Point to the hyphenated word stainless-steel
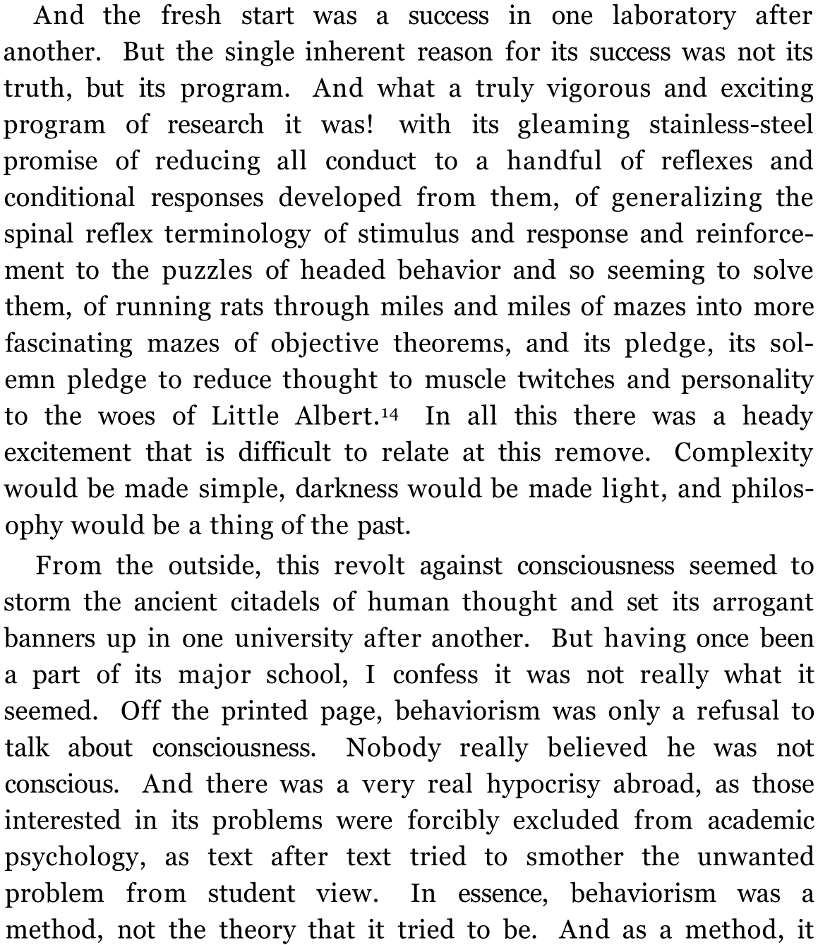coord(730,125)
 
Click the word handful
coord(554,162)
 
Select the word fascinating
coord(69,344)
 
